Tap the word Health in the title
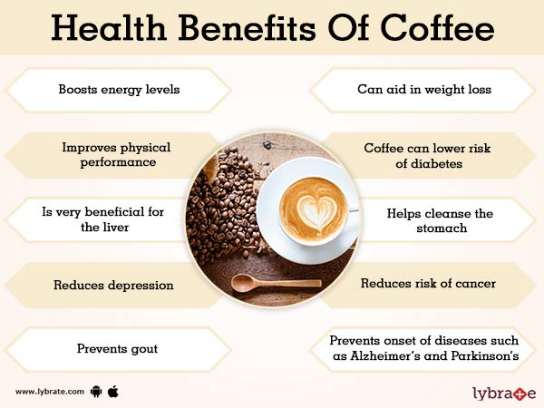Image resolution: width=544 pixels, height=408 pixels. click(108, 29)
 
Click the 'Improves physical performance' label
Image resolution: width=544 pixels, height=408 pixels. click(117, 154)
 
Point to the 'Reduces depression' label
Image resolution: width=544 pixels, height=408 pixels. click(114, 285)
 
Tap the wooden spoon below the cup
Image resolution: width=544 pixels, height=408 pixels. click(272, 282)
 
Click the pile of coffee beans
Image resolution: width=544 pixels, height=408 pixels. click(222, 204)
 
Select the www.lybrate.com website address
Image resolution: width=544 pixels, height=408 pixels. click(50, 393)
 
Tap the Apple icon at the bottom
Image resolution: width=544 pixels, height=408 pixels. click(113, 392)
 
